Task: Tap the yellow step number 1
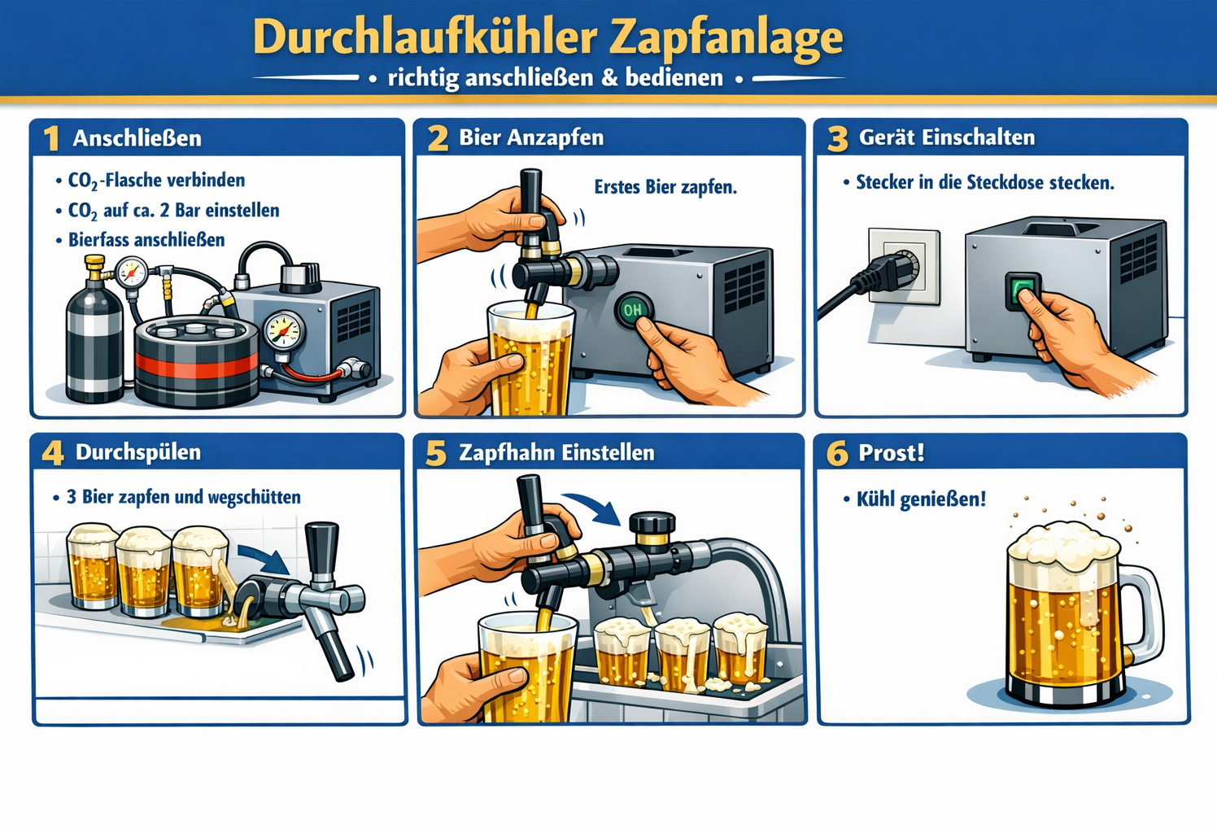click(51, 138)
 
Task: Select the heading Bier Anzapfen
click(531, 137)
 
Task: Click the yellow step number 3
click(837, 138)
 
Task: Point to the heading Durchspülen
click(138, 452)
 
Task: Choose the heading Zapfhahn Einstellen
click(557, 452)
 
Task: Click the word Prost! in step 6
click(892, 452)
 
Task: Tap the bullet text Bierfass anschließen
click(146, 240)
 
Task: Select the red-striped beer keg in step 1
click(197, 361)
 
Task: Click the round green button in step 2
click(634, 310)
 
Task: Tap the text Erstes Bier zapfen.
click(665, 187)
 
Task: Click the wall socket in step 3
click(904, 266)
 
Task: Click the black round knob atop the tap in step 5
click(652, 523)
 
